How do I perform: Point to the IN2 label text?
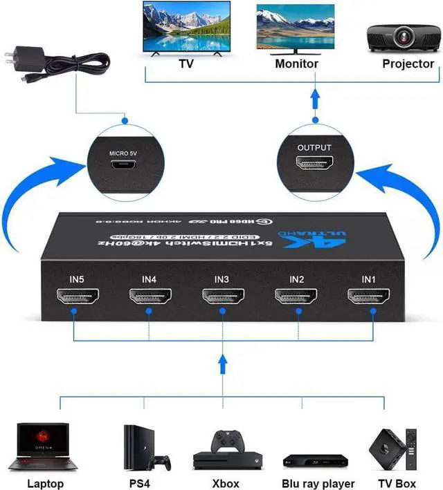click(296, 279)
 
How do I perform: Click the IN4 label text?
click(149, 279)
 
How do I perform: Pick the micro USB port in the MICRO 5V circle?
click(125, 165)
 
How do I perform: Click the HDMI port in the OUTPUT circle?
click(314, 164)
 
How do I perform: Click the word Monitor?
click(296, 64)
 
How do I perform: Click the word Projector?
click(408, 64)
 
